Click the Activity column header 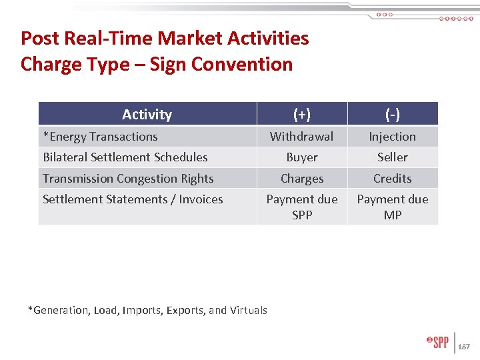pos(147,114)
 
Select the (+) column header pos(302,114)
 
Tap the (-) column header pos(393,114)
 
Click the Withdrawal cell pos(302,137)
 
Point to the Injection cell pos(393,137)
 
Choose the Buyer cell pos(302,157)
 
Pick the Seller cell pos(393,157)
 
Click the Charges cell pos(302,179)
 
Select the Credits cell pos(393,179)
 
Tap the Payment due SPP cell pos(302,207)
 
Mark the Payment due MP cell pos(393,207)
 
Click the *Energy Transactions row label pos(100,137)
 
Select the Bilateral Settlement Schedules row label pos(125,157)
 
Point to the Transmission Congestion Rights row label pos(128,179)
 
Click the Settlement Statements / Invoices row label pos(133,199)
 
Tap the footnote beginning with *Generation pos(147,310)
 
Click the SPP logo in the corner pos(439,342)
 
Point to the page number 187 pos(465,347)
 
